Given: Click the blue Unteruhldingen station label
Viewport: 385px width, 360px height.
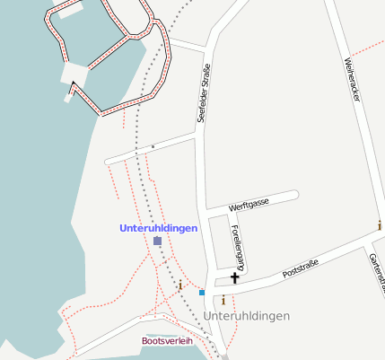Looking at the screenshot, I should coord(159,228).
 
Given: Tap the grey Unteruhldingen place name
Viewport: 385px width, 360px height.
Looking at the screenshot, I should coord(247,316).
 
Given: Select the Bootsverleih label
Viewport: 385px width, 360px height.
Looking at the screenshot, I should coord(167,341).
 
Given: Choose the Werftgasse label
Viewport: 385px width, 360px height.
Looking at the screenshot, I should coord(249,206).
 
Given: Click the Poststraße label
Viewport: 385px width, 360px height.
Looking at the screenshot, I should coord(301,268).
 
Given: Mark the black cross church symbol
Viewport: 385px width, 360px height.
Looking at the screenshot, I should coord(235,278).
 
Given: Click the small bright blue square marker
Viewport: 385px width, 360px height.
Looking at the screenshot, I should coord(202,293).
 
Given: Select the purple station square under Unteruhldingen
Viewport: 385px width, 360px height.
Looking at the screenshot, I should coord(157,241).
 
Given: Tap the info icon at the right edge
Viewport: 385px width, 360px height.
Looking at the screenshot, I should coord(380,225).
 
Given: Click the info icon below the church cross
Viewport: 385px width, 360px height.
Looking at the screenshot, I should coord(223,301).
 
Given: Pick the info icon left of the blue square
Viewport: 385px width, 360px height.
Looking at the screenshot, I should coord(180,285).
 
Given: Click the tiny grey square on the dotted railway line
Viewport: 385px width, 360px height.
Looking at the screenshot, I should coord(153,145).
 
